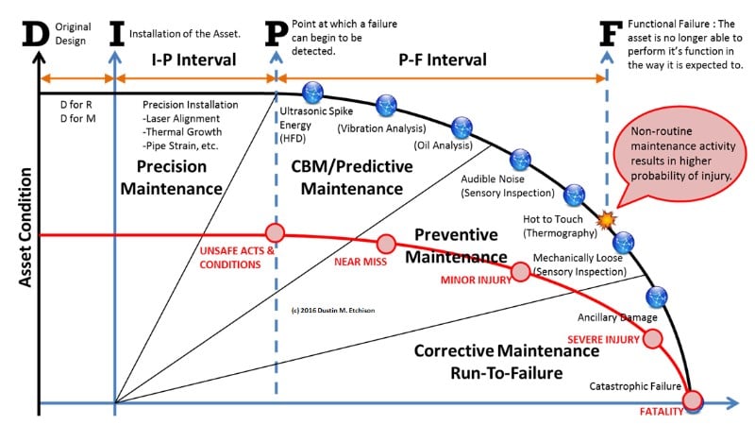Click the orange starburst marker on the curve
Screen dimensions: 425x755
coord(606,219)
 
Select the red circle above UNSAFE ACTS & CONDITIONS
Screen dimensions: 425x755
coord(275,232)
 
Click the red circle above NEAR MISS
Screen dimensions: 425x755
coord(385,243)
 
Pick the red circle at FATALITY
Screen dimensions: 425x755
coord(694,399)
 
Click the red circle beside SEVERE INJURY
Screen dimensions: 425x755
coord(652,339)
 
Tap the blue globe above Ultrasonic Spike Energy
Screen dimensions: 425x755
coord(312,92)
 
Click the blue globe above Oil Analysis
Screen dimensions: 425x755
coord(461,127)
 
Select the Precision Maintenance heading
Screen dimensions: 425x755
coord(178,177)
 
